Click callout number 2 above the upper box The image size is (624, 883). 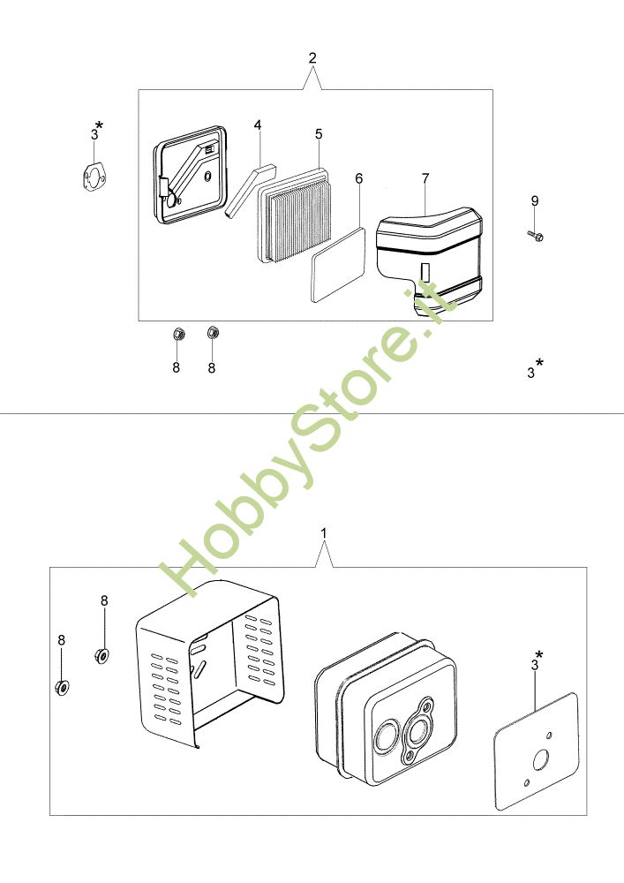point(312,57)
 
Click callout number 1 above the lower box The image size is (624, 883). point(324,532)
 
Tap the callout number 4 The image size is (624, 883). point(258,125)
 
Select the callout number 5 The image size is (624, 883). point(319,134)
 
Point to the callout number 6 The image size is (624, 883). point(359,178)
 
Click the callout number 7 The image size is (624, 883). point(425,178)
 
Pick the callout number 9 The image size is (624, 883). point(535,200)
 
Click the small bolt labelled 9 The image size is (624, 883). point(536,236)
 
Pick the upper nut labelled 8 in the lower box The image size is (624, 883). point(101,655)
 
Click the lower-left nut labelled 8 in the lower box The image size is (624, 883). point(62,687)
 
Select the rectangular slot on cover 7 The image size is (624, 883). point(425,271)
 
